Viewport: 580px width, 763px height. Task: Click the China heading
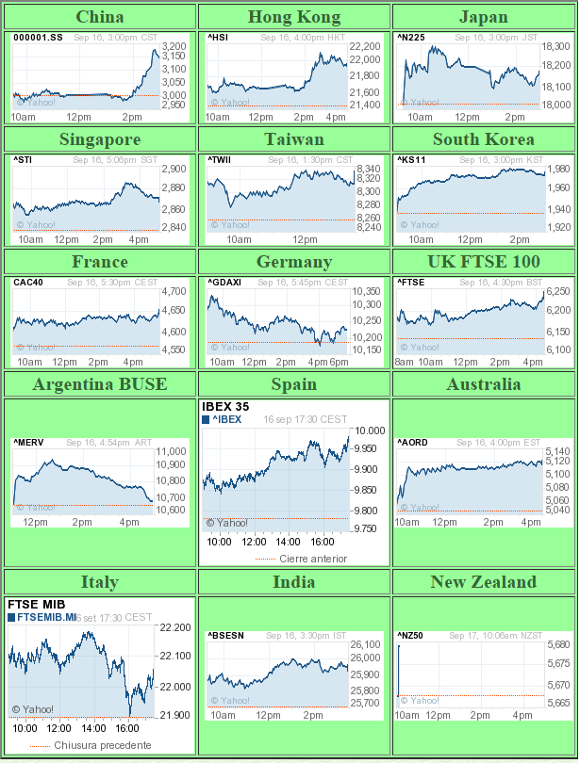coord(99,17)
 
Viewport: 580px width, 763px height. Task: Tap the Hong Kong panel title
coord(293,17)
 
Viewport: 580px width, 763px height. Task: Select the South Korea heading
coord(484,139)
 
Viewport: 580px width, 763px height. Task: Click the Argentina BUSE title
coord(99,384)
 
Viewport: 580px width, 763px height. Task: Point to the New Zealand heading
coord(484,582)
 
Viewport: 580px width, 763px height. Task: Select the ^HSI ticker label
coord(218,38)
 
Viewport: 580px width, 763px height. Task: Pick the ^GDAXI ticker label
coord(224,283)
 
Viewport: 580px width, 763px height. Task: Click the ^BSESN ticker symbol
coord(225,636)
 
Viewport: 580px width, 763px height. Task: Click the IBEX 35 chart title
coord(225,407)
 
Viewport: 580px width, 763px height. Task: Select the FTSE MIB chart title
coord(35,604)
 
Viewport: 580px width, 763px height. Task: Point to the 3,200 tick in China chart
coord(174,46)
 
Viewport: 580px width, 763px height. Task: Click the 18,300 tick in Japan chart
coord(556,46)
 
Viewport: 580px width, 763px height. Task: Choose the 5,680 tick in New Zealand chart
coord(557,644)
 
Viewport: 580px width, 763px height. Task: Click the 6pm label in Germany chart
coord(340,362)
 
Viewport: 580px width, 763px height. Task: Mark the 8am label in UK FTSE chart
coord(405,362)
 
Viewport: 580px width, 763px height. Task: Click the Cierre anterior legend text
coord(313,559)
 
